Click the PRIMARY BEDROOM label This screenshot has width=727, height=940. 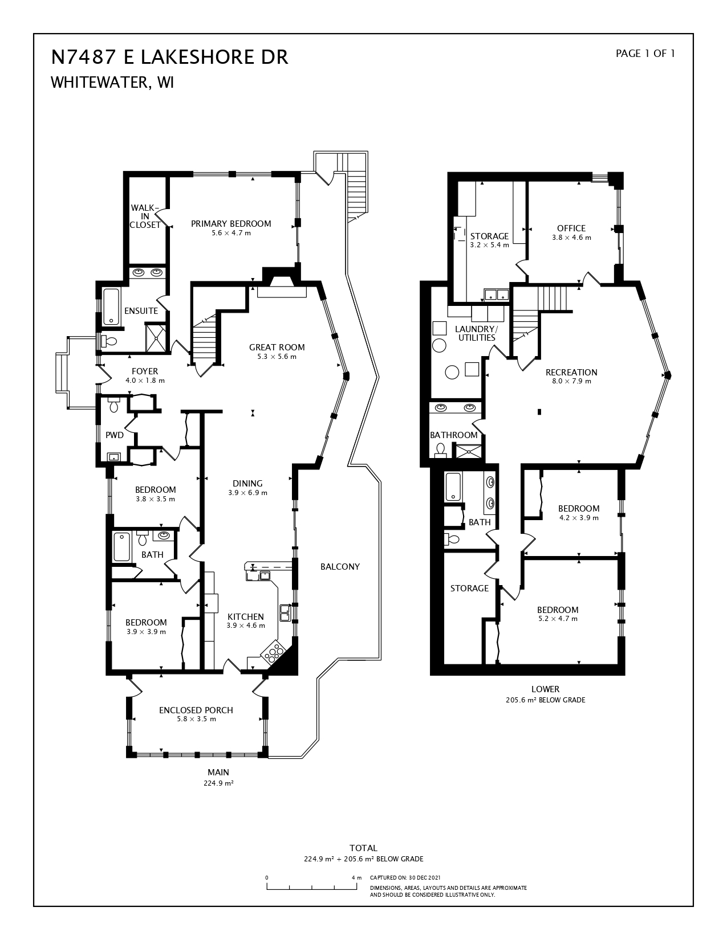[230, 223]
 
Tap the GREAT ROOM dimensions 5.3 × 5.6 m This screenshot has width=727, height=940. [277, 357]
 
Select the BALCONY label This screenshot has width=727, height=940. [340, 566]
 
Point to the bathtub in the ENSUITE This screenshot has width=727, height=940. [111, 307]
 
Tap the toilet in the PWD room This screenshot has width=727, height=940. [113, 406]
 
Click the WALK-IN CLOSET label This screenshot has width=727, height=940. [145, 216]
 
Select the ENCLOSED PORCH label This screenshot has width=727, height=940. [196, 710]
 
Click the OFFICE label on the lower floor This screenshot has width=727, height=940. [571, 228]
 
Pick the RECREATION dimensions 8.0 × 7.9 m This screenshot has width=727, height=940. [571, 381]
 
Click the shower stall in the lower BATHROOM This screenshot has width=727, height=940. [467, 452]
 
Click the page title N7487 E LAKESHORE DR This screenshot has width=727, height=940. [169, 57]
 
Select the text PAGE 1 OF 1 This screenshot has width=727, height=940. [645, 54]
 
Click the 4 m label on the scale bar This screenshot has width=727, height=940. [356, 878]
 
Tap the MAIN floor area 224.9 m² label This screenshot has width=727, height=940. [218, 783]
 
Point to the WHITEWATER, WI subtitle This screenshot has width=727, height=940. [112, 83]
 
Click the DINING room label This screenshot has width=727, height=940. [247, 484]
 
